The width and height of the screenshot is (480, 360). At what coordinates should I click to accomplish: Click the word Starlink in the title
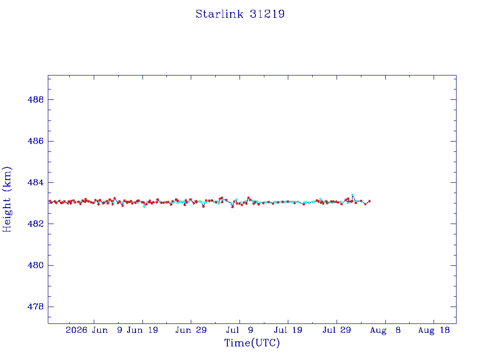coord(219,14)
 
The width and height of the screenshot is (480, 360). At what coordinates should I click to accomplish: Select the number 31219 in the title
coord(267,14)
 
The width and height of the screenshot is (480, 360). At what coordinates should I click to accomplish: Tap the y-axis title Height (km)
coord(7,199)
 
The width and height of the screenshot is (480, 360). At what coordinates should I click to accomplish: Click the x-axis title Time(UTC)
coord(252,343)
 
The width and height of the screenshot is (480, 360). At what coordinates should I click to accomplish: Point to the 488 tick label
coord(36,99)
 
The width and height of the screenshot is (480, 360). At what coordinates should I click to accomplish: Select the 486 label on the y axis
coord(36,141)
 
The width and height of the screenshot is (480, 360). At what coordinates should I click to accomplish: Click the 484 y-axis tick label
coord(36,182)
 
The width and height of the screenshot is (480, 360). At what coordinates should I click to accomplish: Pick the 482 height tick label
coord(36,224)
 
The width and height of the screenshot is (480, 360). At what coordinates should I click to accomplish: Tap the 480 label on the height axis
coord(36,265)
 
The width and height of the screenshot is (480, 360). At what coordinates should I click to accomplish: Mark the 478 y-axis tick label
coord(36,307)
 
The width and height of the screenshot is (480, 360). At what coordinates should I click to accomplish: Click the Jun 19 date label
coord(142,330)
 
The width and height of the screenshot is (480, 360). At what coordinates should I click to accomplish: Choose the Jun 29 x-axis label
coord(191,330)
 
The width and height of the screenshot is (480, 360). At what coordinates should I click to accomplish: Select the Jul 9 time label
coord(240,330)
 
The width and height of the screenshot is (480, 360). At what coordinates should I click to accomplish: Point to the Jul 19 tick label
coord(288,330)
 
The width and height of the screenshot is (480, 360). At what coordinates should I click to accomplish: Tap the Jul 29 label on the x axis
coord(337,330)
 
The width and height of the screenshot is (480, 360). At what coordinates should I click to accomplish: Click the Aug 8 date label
coord(385,330)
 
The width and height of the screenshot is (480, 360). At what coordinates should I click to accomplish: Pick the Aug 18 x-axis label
coord(434,330)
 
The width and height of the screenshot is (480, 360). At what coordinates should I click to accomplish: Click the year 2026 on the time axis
coord(76,330)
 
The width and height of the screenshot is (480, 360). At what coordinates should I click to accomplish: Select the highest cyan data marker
coord(352,195)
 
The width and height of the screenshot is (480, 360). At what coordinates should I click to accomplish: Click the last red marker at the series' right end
coord(369,201)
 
